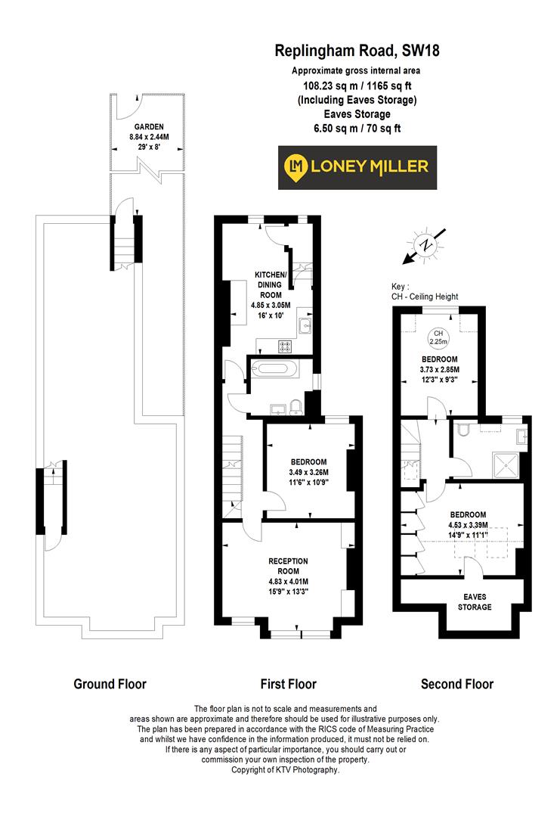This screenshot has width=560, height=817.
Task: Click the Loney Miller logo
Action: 355,166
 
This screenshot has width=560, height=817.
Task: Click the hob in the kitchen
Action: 286,346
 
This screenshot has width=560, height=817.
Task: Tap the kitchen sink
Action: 305,326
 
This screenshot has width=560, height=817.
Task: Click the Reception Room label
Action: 288,565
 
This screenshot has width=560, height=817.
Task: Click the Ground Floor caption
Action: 110,684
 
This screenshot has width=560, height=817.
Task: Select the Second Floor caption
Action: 456,684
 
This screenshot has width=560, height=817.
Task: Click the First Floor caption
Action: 288,684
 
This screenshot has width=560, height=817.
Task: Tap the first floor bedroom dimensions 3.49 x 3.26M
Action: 308,472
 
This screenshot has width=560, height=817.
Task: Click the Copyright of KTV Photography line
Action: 285,769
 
